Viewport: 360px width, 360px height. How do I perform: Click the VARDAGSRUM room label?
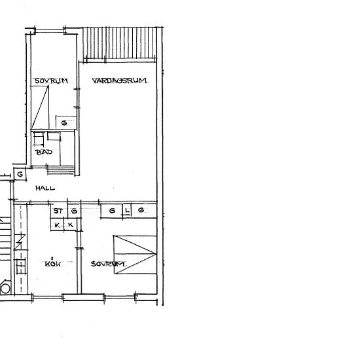[x=119, y=81]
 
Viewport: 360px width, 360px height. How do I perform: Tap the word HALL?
[x=45, y=189]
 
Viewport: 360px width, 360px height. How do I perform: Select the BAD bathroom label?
[x=44, y=152]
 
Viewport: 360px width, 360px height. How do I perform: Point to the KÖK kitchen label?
[x=53, y=264]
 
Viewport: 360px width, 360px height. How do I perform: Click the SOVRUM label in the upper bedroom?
[x=51, y=81]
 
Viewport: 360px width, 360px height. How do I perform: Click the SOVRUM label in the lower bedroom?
[x=108, y=264]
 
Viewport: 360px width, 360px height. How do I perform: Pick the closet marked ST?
[x=58, y=211]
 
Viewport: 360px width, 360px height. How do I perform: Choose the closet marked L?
[x=127, y=210]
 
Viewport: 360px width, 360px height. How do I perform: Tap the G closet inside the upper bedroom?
[x=64, y=123]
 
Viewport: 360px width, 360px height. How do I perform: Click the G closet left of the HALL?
[x=20, y=175]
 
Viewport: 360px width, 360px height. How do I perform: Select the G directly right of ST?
[x=74, y=211]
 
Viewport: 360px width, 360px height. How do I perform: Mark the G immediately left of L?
[x=112, y=211]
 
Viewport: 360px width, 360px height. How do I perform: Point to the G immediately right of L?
[x=141, y=210]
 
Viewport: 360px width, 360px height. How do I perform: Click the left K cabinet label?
[x=57, y=225]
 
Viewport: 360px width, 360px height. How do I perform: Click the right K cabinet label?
[x=71, y=225]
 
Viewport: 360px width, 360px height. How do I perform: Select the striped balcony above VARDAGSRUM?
[x=119, y=43]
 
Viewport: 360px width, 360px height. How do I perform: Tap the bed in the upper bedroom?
[x=40, y=107]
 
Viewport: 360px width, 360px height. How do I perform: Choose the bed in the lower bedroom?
[x=135, y=255]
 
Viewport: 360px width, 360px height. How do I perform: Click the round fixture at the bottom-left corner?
[x=5, y=288]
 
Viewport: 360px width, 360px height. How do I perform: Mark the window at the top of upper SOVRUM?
[x=50, y=30]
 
